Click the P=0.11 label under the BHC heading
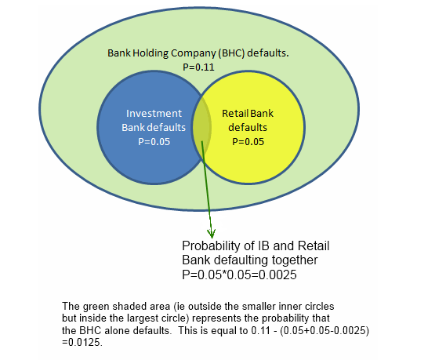pos(198,67)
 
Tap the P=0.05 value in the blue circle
pos(154,142)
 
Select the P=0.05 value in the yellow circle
pos(248,142)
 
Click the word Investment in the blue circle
pos(154,114)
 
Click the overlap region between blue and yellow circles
pos(202,127)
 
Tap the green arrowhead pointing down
pos(211,234)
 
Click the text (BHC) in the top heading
pos(231,53)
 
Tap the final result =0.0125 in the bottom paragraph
pos(82,342)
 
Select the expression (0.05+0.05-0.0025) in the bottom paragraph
pos(325,330)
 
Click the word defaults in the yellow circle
pos(248,128)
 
